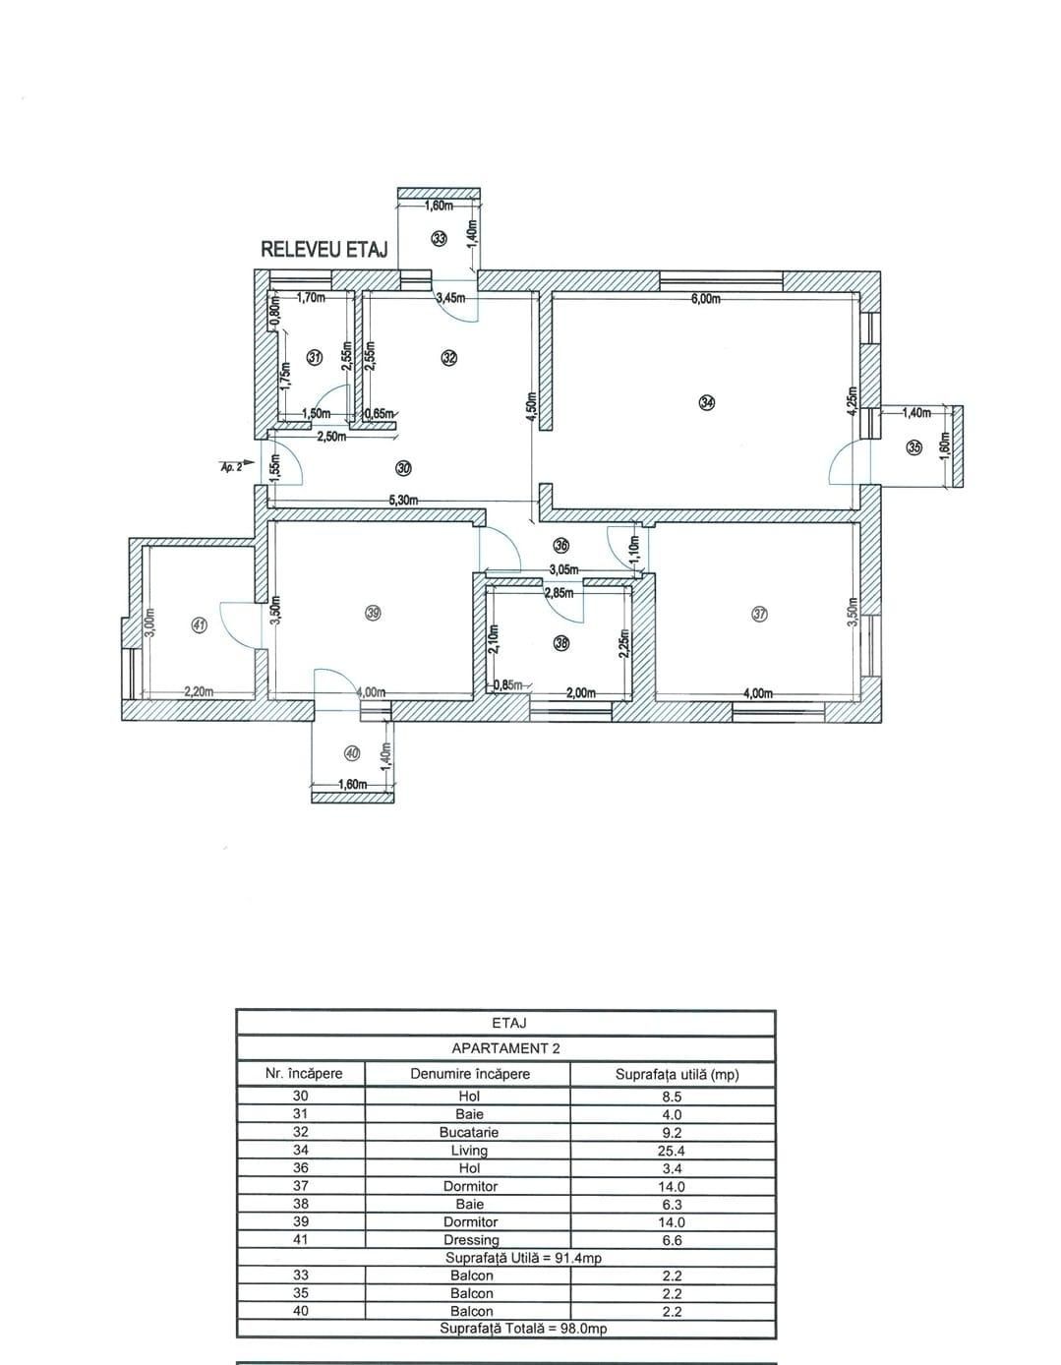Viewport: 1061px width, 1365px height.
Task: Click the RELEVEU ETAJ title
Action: pyautogui.click(x=324, y=250)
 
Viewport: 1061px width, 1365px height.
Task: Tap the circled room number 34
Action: pyautogui.click(x=707, y=401)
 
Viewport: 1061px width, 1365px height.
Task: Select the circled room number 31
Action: pyautogui.click(x=315, y=358)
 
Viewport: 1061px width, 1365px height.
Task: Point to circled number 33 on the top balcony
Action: pyautogui.click(x=439, y=238)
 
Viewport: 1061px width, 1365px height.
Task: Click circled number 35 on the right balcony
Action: pyautogui.click(x=914, y=447)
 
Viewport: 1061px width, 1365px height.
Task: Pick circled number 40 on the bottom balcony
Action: pyautogui.click(x=352, y=753)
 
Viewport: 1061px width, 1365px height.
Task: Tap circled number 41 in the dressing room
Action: pyautogui.click(x=199, y=624)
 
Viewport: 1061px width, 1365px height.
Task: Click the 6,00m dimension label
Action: pyautogui.click(x=705, y=299)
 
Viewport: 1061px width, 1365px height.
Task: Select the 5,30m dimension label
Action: pyautogui.click(x=403, y=501)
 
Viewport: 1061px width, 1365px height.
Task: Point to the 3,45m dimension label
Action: pyautogui.click(x=450, y=297)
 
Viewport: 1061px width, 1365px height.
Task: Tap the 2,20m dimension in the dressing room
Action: pyautogui.click(x=200, y=692)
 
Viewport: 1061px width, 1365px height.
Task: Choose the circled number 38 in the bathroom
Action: pyautogui.click(x=561, y=644)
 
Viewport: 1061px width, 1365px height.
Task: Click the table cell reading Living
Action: pyautogui.click(x=469, y=1151)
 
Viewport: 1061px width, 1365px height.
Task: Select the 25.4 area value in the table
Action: pyautogui.click(x=672, y=1151)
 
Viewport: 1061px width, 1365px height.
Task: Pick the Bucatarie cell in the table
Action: pyautogui.click(x=469, y=1132)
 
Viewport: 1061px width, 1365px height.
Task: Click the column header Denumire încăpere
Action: pyautogui.click(x=469, y=1074)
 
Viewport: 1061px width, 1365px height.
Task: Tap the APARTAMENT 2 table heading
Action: pyautogui.click(x=505, y=1048)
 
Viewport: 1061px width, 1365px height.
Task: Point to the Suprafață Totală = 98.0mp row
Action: pyautogui.click(x=522, y=1329)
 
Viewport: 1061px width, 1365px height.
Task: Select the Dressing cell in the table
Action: pyautogui.click(x=471, y=1240)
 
